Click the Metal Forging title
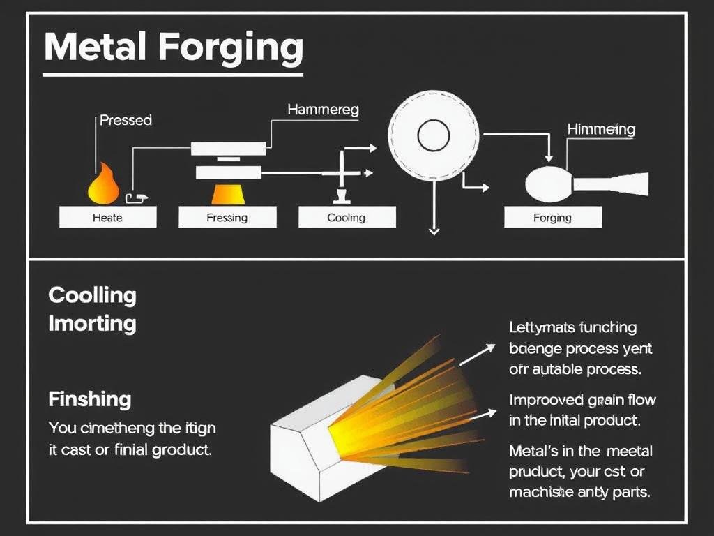(173, 47)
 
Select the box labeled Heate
(107, 218)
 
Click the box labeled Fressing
(227, 218)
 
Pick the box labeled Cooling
(347, 218)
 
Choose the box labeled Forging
(552, 218)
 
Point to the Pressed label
(126, 120)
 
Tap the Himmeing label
(601, 129)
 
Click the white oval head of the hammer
(548, 184)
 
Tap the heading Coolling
(92, 295)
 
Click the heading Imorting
(92, 324)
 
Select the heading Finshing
(90, 400)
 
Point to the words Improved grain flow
(582, 401)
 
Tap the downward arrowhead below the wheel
(434, 231)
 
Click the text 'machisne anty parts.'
(580, 492)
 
